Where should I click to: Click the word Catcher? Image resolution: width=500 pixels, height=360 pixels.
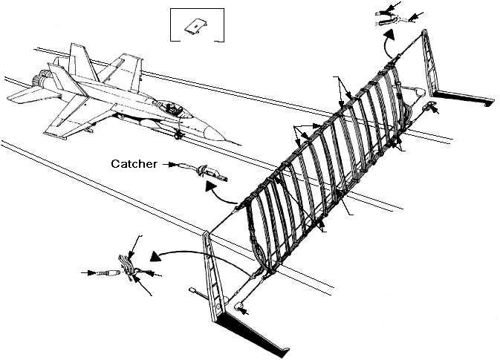pyautogui.click(x=134, y=164)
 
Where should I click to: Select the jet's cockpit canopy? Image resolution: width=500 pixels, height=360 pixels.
pyautogui.click(x=175, y=108)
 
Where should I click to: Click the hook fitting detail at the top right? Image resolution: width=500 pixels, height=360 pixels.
pyautogui.click(x=387, y=17)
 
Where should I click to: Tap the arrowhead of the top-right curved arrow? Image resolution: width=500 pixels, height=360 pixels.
pyautogui.click(x=388, y=33)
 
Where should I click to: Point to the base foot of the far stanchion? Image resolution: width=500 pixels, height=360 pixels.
pyautogui.click(x=465, y=99)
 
